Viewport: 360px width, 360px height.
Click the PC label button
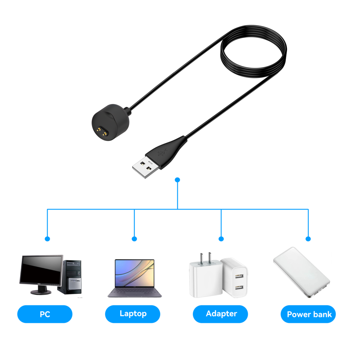point(45,314)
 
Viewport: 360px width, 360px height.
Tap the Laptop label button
point(133,314)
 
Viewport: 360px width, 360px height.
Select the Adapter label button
point(221,314)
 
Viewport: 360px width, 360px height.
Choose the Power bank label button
point(309,314)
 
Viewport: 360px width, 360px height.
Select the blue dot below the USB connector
point(177,179)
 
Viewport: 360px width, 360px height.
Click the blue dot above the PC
point(47,239)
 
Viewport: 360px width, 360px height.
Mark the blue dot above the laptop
point(134,239)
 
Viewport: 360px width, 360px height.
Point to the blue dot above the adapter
point(221,239)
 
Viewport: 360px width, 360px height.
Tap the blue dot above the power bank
point(308,239)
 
